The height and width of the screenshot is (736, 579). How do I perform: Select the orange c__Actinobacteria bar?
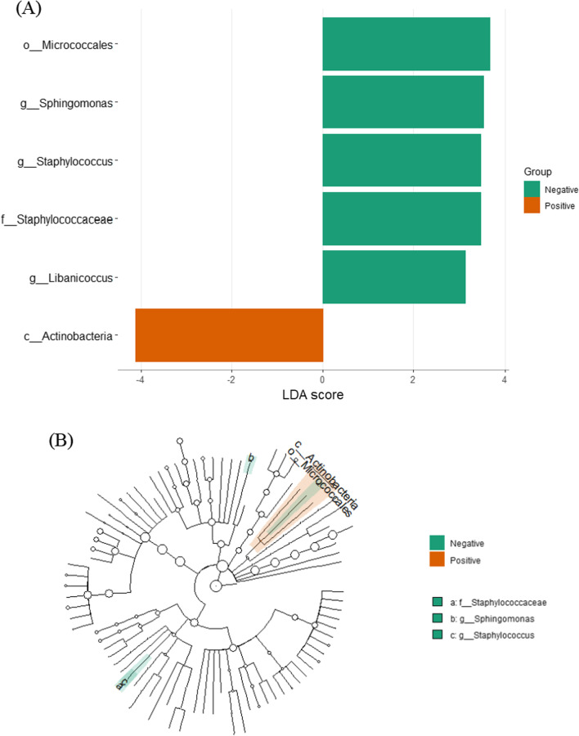tap(229, 334)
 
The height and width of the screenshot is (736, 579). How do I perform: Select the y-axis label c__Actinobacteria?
tap(68, 335)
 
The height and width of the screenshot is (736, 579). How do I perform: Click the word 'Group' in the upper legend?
tap(538, 173)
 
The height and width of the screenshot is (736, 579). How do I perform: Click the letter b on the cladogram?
tap(252, 458)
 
